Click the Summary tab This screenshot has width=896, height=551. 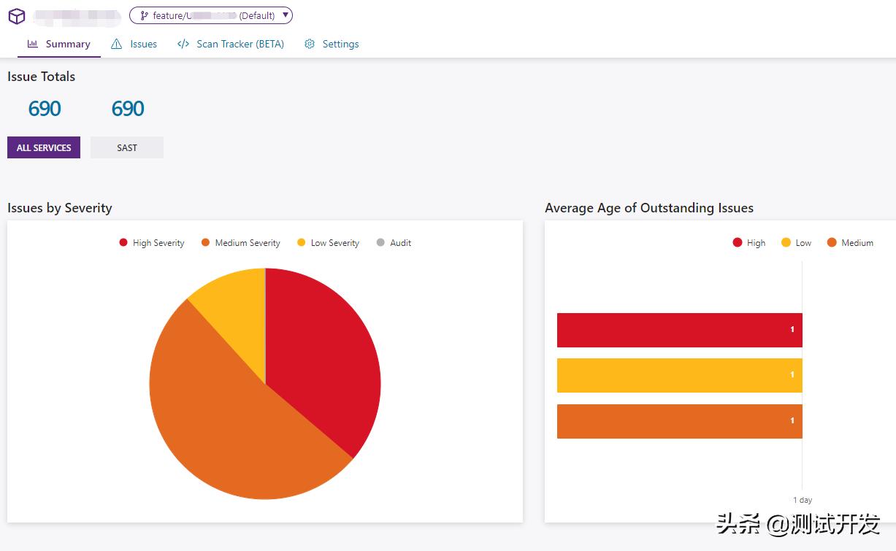59,44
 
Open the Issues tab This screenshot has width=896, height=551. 134,44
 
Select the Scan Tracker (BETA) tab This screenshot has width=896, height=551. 231,44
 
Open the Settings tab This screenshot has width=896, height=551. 332,44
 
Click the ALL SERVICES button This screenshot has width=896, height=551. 44,147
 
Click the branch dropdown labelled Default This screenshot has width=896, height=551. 211,15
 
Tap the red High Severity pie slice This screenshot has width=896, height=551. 325,350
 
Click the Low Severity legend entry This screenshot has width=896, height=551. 329,243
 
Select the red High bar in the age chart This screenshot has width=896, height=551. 679,330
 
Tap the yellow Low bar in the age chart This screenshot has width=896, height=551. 679,375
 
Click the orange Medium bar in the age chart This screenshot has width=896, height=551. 679,421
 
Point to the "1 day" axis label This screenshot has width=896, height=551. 803,500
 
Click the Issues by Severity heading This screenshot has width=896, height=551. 60,208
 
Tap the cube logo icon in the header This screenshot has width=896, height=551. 17,16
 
